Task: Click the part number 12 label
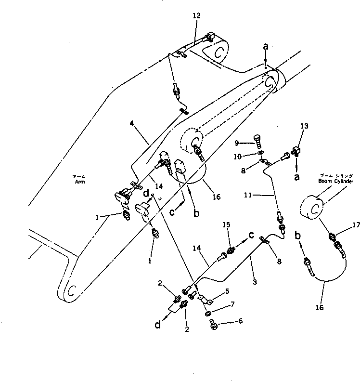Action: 196,16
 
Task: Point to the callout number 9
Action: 237,143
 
